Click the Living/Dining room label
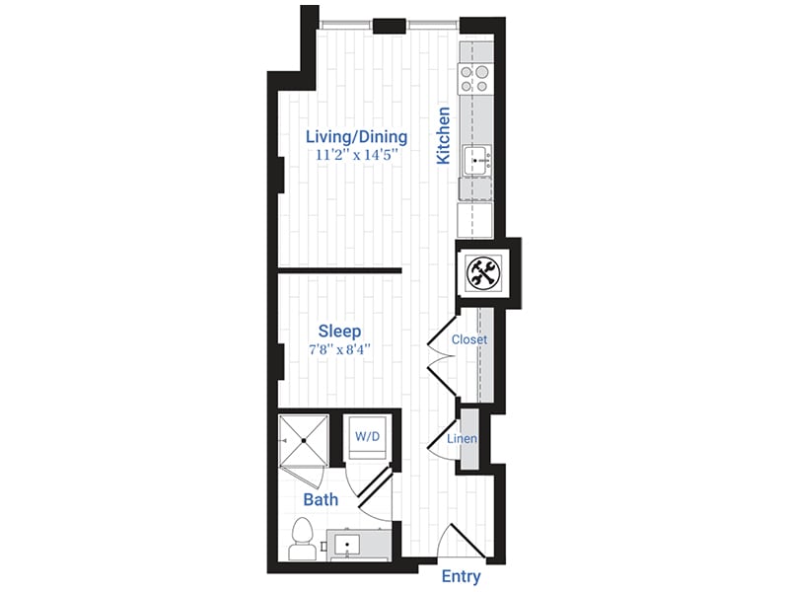(x=356, y=136)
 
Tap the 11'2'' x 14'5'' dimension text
(x=356, y=156)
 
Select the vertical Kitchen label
(x=444, y=135)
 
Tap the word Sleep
(x=339, y=331)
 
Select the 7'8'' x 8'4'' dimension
(x=337, y=350)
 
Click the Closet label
(x=469, y=339)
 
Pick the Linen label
(x=463, y=438)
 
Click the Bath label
(x=321, y=499)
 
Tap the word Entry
(x=460, y=576)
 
